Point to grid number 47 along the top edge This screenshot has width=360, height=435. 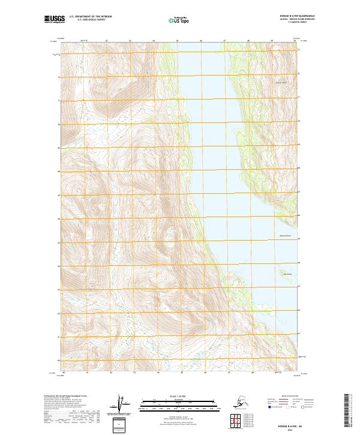tap(224, 40)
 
